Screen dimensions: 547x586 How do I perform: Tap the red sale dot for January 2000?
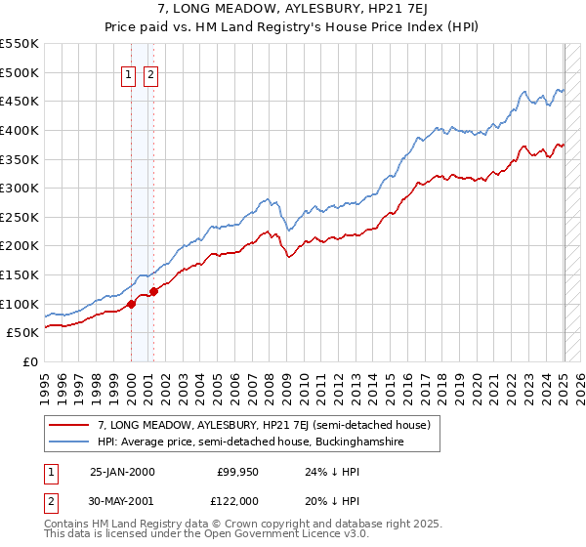pyautogui.click(x=131, y=304)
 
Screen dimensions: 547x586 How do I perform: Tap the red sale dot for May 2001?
pyautogui.click(x=153, y=291)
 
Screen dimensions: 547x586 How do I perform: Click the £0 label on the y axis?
pyautogui.click(x=29, y=361)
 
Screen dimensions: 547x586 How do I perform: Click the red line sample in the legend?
pyautogui.click(x=67, y=425)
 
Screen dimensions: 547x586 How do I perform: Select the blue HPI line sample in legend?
pyautogui.click(x=67, y=442)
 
